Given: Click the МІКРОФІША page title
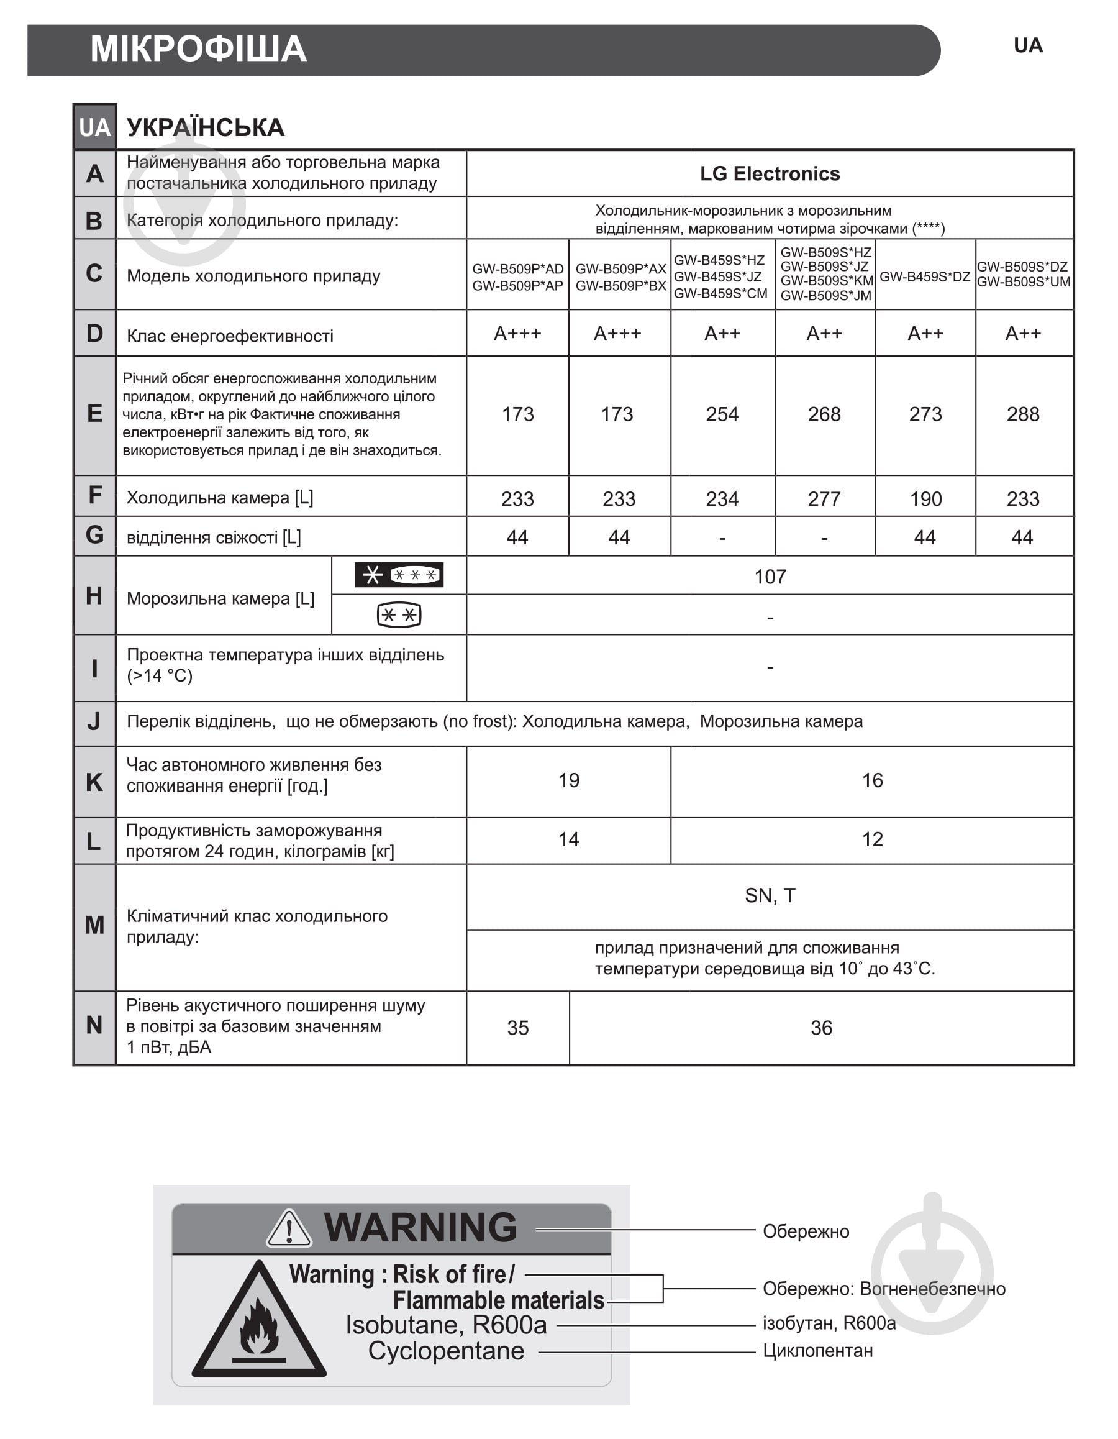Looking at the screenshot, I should pos(198,50).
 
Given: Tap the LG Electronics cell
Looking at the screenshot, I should pos(769,174).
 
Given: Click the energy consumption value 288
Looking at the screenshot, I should pos(1022,414).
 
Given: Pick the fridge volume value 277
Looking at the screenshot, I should pos(824,499).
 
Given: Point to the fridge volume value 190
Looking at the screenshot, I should pos(925,499).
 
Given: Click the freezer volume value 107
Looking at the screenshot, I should pos(770,577).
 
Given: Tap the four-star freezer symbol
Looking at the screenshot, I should pos(399,575).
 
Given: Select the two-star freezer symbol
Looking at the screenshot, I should pos(399,615).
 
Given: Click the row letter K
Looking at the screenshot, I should pos(94,782).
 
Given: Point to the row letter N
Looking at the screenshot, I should pos(94,1025).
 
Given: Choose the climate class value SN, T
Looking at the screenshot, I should pos(770,895).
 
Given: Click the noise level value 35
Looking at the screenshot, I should pos(517,1028).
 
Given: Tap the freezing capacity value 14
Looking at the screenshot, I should pos(568,839).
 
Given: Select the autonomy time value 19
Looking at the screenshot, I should pos(568,781).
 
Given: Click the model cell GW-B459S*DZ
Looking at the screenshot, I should pos(924,276).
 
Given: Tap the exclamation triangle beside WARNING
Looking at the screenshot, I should pos(289,1229).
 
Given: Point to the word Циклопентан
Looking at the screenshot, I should pos(817,1351).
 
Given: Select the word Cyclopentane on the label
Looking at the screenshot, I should pos(446,1351).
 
